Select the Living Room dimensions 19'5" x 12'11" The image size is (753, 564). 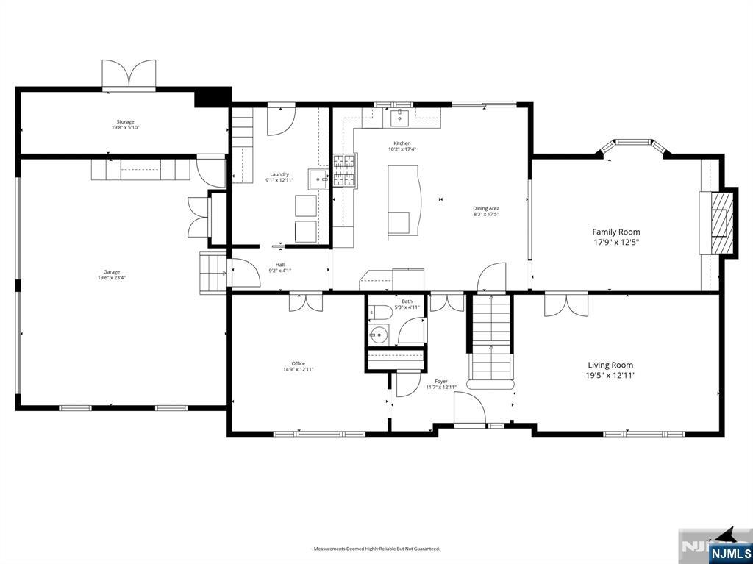coord(610,375)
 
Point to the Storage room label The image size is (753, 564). coord(125,122)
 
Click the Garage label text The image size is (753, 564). coord(112,272)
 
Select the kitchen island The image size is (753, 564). coord(403,202)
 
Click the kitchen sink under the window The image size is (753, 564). coord(401,116)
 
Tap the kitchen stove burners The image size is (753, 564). coord(343,171)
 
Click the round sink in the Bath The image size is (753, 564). coord(378,335)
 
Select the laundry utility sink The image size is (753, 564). coord(318,179)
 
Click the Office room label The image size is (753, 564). coord(298,363)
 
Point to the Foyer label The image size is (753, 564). coord(441,382)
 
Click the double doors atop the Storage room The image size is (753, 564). coord(129,74)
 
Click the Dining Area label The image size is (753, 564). coord(486,209)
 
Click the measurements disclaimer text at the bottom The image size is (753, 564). coord(376,549)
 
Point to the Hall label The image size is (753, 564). coord(279,265)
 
